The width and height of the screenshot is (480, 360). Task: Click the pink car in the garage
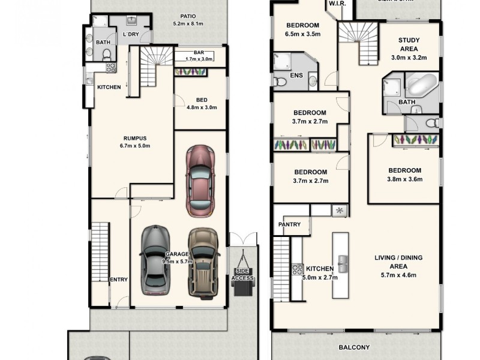point(199,181)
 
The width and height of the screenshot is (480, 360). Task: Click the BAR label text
point(191,53)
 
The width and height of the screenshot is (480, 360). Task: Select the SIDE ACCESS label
point(243,275)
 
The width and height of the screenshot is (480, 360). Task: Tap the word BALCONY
point(354,347)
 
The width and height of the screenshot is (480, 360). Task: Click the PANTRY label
point(289,224)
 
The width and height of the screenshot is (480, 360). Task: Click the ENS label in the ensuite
point(295,77)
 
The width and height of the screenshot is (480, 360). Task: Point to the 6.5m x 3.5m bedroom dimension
point(302,34)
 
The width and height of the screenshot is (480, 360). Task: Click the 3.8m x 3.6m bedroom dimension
point(404,179)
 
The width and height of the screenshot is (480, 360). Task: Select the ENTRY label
point(118,280)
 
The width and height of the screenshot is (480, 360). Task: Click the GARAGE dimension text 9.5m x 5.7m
point(177,262)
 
